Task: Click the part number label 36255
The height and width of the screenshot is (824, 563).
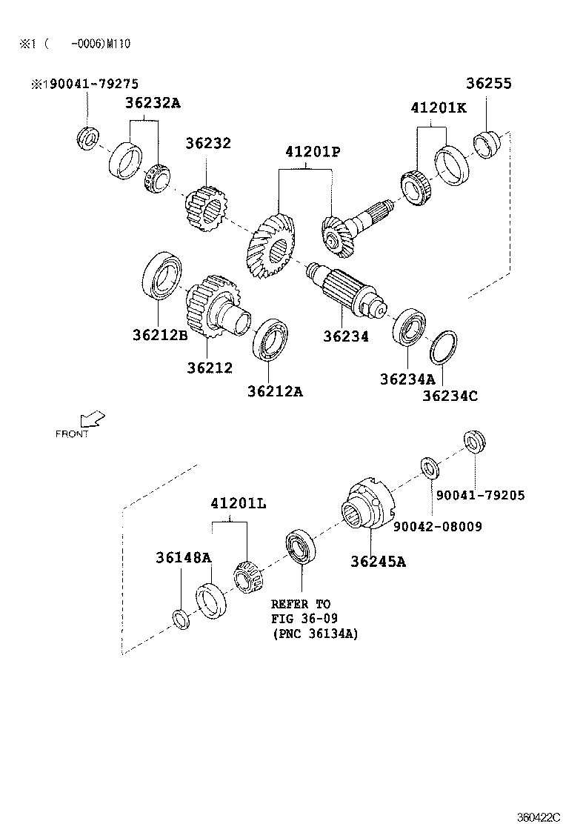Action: coord(488,84)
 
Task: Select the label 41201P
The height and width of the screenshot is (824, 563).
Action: coord(312,152)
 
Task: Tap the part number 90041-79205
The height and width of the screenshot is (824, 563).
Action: coord(480,495)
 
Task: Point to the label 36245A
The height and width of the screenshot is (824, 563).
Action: coord(378,561)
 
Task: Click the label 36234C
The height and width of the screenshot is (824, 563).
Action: coord(450,396)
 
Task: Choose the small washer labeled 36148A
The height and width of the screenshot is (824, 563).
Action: coord(180,618)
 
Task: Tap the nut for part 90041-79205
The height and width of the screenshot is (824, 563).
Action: coord(473,442)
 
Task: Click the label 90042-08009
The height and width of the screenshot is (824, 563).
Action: coord(437,527)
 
